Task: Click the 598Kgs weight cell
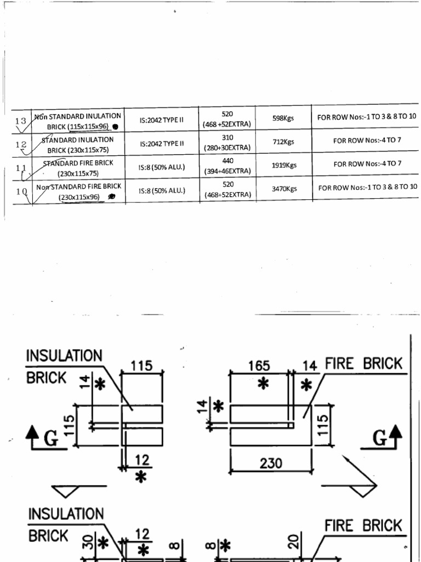coord(283,118)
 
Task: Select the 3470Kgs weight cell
coord(285,189)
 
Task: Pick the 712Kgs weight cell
coord(283,142)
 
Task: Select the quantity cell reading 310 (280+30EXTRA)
coord(227,143)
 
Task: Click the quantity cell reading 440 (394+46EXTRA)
coord(227,166)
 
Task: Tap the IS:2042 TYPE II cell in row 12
coord(162,143)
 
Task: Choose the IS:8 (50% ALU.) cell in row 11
coord(162,167)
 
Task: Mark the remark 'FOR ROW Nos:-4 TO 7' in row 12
coord(367,140)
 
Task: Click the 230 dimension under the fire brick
coord(271,463)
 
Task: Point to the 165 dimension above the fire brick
coord(259,366)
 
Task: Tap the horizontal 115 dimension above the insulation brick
coord(141,366)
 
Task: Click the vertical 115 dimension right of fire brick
coord(323,424)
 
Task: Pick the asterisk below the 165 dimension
coord(263,384)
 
